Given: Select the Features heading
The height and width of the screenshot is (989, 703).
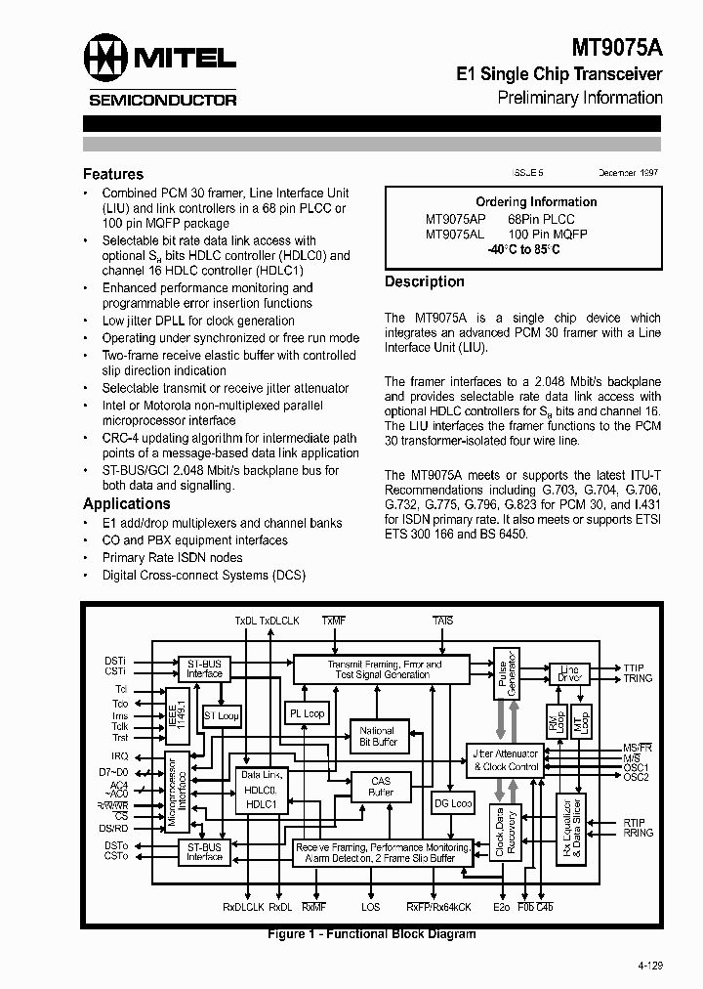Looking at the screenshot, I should pyautogui.click(x=113, y=174).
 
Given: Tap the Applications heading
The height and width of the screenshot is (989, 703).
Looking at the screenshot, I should pyautogui.click(x=127, y=504).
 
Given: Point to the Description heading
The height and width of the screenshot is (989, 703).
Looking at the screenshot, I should pyautogui.click(x=425, y=281).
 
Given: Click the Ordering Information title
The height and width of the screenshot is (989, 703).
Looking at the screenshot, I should pyautogui.click(x=522, y=202).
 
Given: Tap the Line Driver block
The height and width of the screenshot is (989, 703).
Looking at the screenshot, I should pyautogui.click(x=569, y=674).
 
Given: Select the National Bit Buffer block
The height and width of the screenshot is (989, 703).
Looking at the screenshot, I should pyautogui.click(x=377, y=736).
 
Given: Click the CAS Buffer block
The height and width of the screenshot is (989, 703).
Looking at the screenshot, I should pyautogui.click(x=380, y=786).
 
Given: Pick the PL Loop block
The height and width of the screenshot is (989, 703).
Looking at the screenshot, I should pyautogui.click(x=307, y=714).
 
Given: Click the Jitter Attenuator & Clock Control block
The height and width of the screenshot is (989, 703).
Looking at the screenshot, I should pyautogui.click(x=505, y=760).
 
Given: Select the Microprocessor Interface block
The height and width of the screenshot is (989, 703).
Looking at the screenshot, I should pyautogui.click(x=176, y=792).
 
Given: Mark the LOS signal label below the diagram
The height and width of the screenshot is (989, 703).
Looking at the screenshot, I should pyautogui.click(x=371, y=907).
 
